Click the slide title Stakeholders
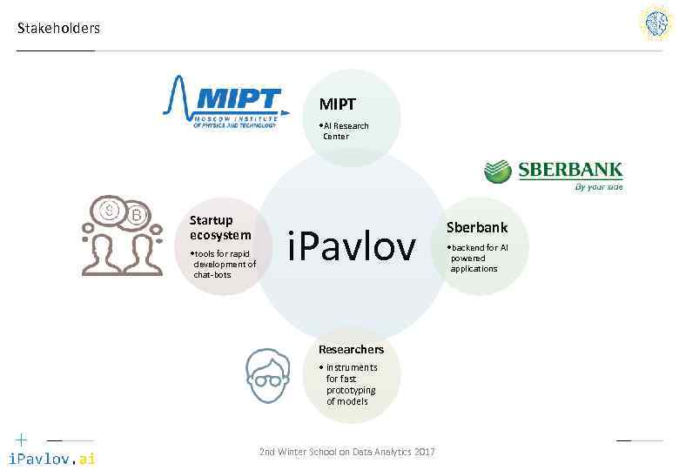tap(58, 28)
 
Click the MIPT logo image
tap(225, 101)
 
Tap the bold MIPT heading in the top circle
tap(337, 104)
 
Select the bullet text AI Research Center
tap(346, 131)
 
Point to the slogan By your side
tap(598, 186)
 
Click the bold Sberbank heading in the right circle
tap(477, 227)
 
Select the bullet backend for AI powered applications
tap(479, 258)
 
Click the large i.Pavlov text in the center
tap(352, 247)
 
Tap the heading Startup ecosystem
tap(220, 227)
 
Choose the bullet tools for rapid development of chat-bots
tap(224, 264)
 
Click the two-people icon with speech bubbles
tap(122, 235)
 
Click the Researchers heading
tap(351, 349)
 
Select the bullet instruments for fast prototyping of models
tap(351, 384)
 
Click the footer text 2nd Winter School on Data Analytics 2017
tap(347, 451)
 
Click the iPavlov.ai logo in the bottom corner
tap(51, 459)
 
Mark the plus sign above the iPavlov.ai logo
tap(21, 440)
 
